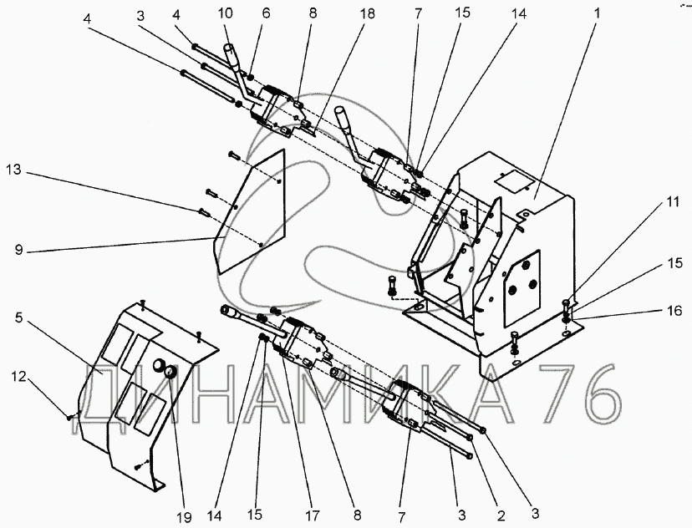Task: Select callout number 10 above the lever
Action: (x=222, y=14)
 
